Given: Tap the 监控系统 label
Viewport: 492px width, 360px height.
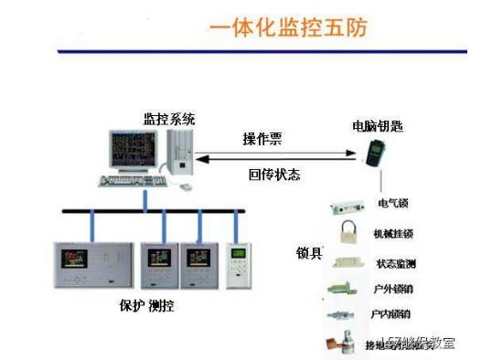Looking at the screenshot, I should (x=169, y=120).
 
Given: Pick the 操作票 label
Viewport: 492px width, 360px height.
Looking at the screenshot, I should (x=262, y=139).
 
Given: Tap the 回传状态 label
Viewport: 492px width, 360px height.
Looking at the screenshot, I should (x=274, y=174).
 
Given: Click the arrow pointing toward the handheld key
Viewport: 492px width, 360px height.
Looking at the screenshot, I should (x=274, y=154).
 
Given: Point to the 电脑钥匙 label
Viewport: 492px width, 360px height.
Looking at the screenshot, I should (x=377, y=125).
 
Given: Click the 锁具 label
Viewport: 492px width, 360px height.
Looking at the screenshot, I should (x=309, y=252).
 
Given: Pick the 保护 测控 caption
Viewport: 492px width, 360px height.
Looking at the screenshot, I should (x=147, y=306).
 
